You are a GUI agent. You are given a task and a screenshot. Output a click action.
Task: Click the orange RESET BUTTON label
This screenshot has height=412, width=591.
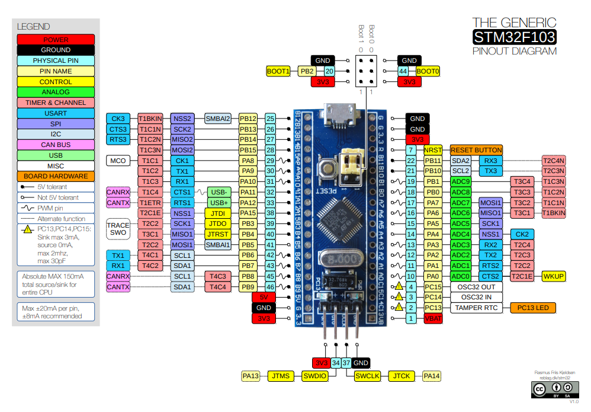pyautogui.click(x=476, y=150)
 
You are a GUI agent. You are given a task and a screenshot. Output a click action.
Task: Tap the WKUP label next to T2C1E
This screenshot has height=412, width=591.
pyautogui.click(x=554, y=276)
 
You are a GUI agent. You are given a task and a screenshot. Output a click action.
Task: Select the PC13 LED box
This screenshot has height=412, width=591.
pyautogui.click(x=533, y=308)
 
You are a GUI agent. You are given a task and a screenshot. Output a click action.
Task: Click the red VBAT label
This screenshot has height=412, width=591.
pyautogui.click(x=433, y=318)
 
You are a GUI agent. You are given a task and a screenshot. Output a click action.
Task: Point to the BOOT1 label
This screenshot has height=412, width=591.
pyautogui.click(x=278, y=71)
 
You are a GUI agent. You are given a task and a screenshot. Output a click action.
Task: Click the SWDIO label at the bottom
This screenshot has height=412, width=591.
pyautogui.click(x=314, y=376)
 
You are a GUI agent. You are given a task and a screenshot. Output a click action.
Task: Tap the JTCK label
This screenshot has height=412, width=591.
pyautogui.click(x=402, y=376)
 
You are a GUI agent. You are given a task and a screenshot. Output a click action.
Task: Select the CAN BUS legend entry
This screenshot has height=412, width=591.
pyautogui.click(x=56, y=145)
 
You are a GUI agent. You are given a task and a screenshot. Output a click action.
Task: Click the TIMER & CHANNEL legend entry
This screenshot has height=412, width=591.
pyautogui.click(x=56, y=103)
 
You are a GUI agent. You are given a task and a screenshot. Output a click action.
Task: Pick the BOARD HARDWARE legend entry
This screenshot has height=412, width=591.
pyautogui.click(x=56, y=176)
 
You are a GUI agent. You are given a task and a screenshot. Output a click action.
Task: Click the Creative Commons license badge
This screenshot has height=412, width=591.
pyautogui.click(x=554, y=389)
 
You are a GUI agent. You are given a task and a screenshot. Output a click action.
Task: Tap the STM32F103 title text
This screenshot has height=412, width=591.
pyautogui.click(x=514, y=37)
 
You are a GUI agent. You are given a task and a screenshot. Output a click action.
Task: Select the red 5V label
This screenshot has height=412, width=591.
pyautogui.click(x=264, y=297)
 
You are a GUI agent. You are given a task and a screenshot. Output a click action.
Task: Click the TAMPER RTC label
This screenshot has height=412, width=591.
pyautogui.click(x=476, y=308)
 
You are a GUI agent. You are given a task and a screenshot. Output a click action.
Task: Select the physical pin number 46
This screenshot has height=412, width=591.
pyautogui.click(x=271, y=287)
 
